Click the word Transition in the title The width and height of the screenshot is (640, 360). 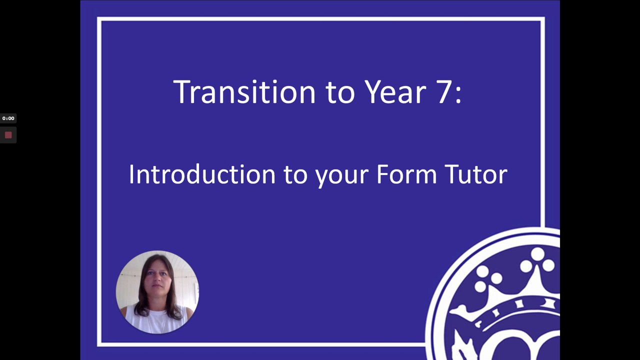point(244,91)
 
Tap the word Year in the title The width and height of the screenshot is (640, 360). point(395,91)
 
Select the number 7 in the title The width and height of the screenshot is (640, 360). point(443,92)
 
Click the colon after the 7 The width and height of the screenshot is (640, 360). point(458,95)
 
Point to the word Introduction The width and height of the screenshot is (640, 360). point(202,174)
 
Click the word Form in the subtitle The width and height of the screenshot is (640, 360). point(406,174)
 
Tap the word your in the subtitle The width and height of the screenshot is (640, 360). point(342,177)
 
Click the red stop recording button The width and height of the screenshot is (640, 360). point(8,135)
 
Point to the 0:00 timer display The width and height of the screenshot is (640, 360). point(8,118)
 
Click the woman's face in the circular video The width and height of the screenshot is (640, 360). point(157,278)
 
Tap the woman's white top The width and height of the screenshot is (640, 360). point(156,320)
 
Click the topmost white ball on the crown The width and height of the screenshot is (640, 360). point(537,254)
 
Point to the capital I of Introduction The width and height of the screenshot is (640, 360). point(131,174)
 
